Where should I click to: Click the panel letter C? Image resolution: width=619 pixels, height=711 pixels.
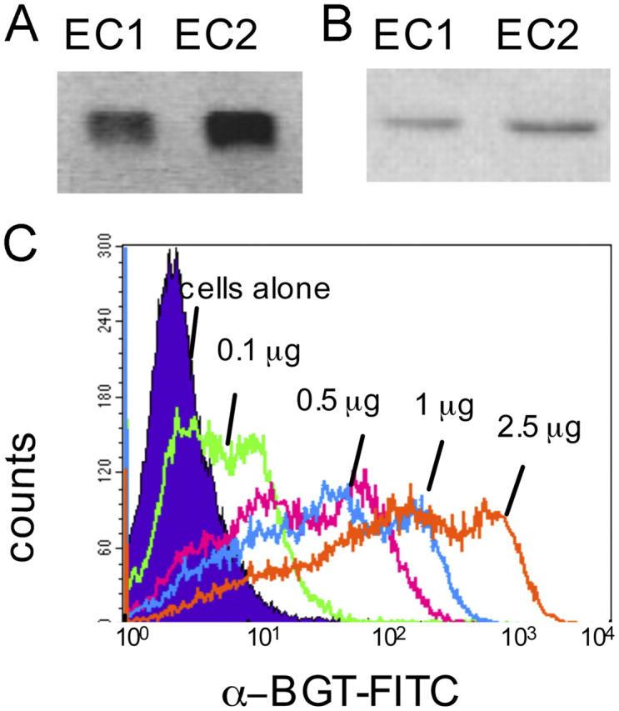23,247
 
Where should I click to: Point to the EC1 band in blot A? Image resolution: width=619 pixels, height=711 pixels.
120,129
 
